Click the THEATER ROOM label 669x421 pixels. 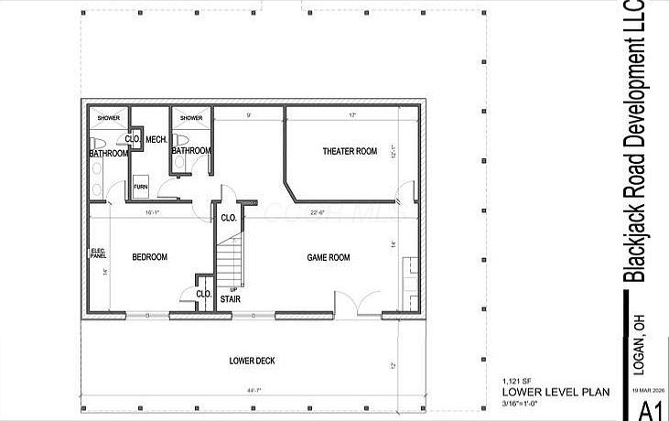tap(350, 151)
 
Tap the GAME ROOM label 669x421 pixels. tap(328, 258)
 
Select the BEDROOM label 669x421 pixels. tap(149, 258)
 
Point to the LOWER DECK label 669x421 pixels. tap(252, 361)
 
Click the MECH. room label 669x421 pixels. tap(155, 139)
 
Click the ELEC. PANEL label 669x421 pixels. tap(98, 254)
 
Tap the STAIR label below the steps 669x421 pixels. tap(231, 298)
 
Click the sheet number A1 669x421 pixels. tap(651, 409)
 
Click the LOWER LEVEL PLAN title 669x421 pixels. tap(556, 392)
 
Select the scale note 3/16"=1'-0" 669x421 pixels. tap(528, 403)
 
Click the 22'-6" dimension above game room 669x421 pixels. tap(318, 213)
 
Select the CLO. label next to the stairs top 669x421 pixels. tap(229, 219)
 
